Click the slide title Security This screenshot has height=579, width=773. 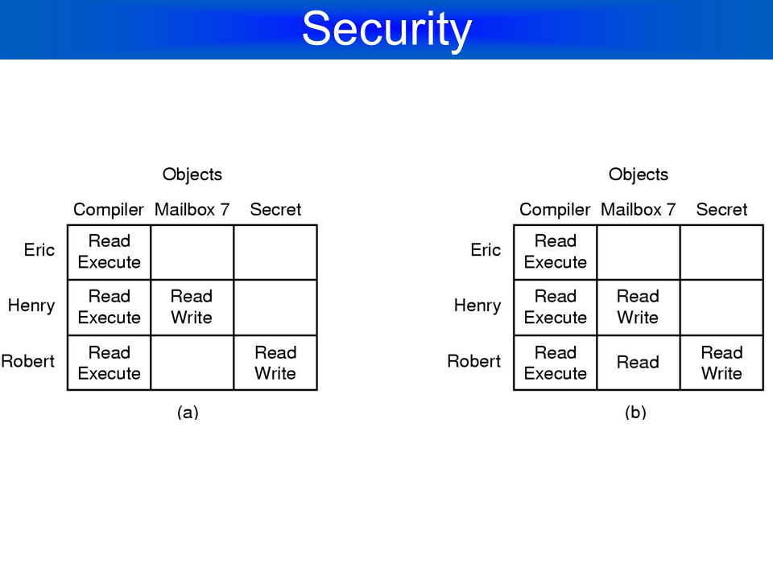click(387, 30)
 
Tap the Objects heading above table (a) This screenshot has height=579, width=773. click(192, 175)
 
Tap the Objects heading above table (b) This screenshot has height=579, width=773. click(639, 175)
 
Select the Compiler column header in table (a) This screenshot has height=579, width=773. click(109, 210)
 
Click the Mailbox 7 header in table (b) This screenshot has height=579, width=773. click(638, 210)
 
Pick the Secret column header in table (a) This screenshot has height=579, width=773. click(275, 210)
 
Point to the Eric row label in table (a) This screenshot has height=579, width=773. click(39, 249)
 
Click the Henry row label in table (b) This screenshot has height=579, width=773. click(477, 306)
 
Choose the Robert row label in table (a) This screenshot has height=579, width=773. click(27, 361)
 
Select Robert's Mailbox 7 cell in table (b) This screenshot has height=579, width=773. click(639, 363)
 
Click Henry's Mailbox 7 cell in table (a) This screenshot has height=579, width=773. click(192, 308)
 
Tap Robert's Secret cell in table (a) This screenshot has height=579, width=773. click(275, 363)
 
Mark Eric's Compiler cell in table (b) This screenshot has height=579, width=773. click(555, 253)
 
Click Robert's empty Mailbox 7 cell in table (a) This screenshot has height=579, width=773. click(192, 363)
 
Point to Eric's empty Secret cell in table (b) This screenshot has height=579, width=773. click(721, 253)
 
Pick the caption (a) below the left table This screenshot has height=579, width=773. click(188, 412)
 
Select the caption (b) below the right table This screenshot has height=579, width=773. click(635, 412)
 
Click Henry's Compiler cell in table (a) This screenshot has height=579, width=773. click(109, 308)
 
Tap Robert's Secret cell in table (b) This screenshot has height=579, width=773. click(721, 363)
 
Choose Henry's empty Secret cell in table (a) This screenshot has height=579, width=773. click(275, 308)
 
